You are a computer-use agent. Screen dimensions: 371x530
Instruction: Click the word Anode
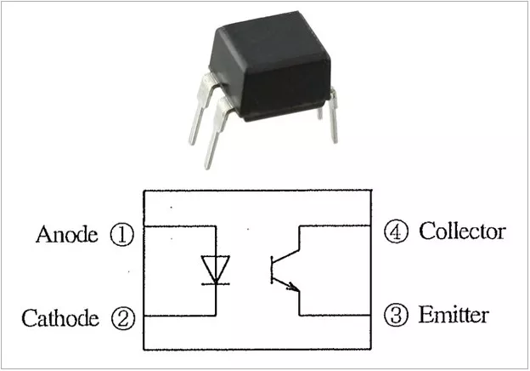tap(67, 235)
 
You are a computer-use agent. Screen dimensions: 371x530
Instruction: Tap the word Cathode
tap(60, 319)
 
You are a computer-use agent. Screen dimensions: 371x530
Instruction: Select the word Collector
tap(462, 231)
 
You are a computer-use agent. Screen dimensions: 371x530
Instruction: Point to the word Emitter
tap(454, 316)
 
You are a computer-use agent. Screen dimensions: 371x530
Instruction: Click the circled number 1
tap(122, 235)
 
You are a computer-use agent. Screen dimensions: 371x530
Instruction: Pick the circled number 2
tap(122, 319)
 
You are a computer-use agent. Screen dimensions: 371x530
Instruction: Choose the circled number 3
tap(396, 316)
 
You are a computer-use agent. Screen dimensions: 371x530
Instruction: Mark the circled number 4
tap(396, 231)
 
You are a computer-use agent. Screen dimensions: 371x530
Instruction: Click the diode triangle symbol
tap(216, 268)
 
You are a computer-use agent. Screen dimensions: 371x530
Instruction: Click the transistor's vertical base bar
tap(272, 269)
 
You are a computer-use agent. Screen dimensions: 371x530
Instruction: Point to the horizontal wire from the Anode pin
tap(178, 226)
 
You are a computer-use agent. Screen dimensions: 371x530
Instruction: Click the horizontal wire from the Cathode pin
tap(178, 316)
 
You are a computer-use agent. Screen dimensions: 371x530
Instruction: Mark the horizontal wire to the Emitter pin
tap(335, 316)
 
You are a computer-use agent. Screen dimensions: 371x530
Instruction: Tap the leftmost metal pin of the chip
tap(192, 128)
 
